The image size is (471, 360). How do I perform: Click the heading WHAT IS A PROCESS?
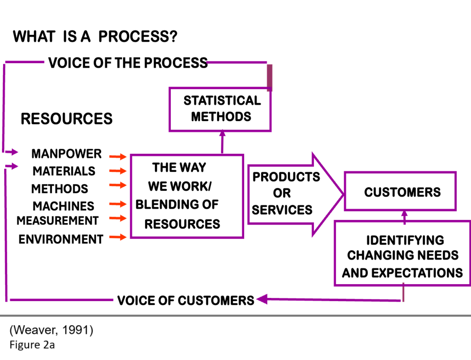95,36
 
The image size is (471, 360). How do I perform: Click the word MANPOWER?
66,154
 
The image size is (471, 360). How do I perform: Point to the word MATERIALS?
64,171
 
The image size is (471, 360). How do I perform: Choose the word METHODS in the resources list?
60,189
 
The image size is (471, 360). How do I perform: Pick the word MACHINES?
64,206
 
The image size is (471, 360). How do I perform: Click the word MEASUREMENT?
57,221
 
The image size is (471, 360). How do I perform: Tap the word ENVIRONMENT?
61,239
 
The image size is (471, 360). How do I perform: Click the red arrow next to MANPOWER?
118,156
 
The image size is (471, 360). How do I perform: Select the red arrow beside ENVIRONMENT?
118,237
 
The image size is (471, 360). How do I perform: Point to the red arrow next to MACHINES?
118,204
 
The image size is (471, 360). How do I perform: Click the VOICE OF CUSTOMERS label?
186,301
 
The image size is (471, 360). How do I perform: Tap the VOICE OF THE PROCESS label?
128,63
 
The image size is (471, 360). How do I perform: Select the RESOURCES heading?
67,118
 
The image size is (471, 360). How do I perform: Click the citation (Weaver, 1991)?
51,330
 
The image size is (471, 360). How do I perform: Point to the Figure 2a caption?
32,345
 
